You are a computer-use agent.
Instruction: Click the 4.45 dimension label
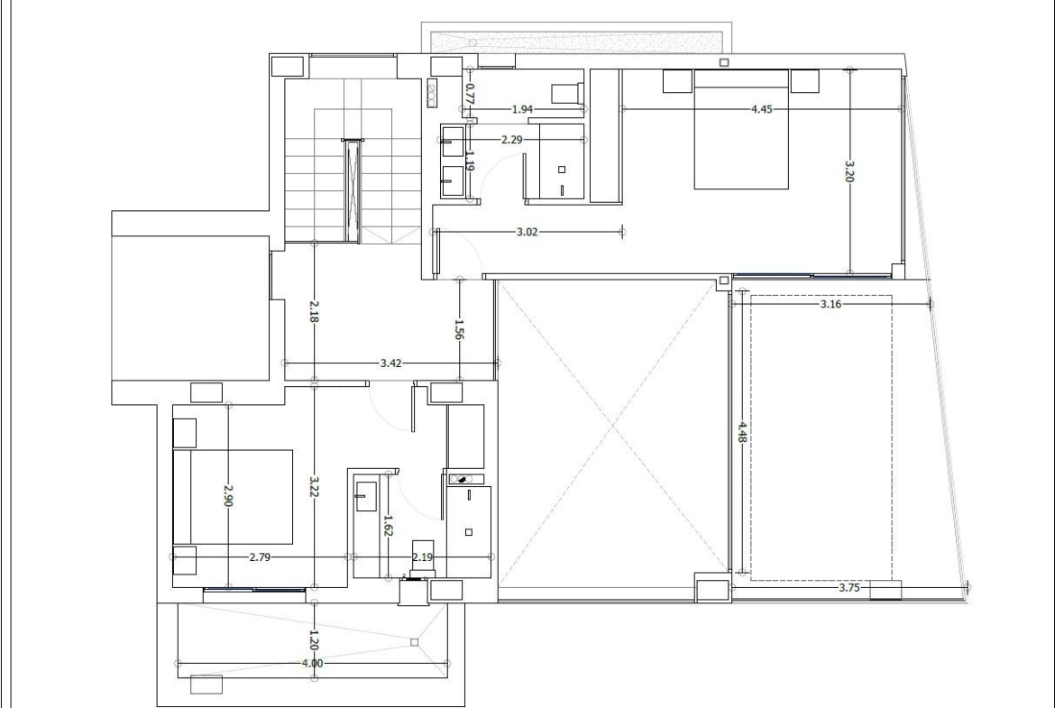(x=762, y=109)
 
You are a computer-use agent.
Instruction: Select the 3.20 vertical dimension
(x=849, y=171)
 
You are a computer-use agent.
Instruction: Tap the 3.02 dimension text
(x=527, y=232)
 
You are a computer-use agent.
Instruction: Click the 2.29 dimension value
(x=512, y=140)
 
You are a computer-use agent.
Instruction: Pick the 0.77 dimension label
(x=471, y=93)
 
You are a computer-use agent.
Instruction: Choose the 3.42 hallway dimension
(x=391, y=363)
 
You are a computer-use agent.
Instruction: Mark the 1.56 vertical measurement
(x=460, y=330)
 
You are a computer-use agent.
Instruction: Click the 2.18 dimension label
(x=314, y=311)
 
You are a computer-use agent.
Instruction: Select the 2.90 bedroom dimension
(x=228, y=496)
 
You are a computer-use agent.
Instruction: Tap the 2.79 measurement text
(x=260, y=557)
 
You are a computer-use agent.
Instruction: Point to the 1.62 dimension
(x=388, y=525)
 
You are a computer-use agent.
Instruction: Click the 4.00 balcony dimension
(x=312, y=664)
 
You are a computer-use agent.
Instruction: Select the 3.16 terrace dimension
(x=831, y=304)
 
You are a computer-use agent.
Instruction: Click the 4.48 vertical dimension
(x=741, y=432)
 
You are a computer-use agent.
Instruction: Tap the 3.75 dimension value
(x=849, y=587)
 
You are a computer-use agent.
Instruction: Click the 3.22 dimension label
(x=314, y=487)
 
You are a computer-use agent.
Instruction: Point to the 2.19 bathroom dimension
(x=423, y=557)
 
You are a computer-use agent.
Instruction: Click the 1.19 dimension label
(x=469, y=160)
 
